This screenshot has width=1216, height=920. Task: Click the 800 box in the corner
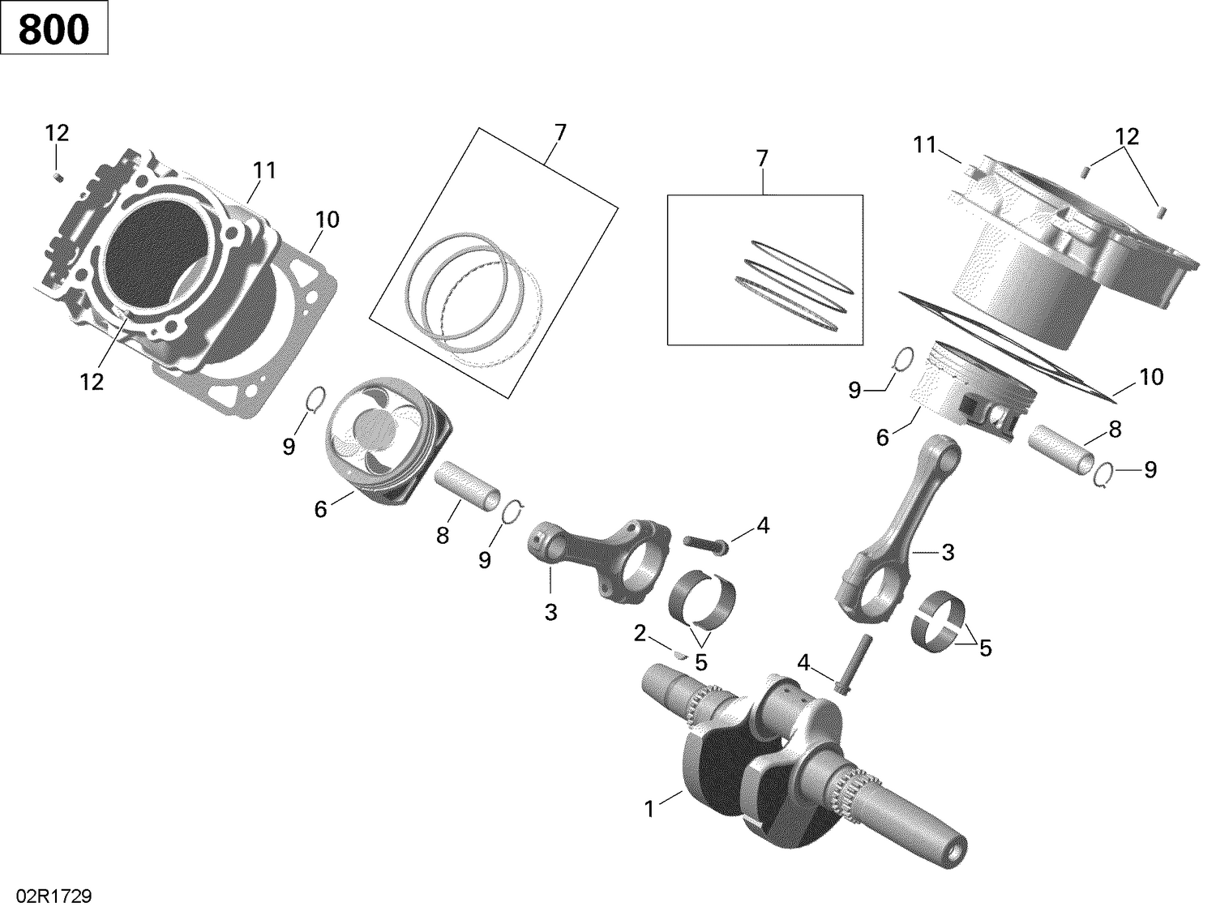(54, 29)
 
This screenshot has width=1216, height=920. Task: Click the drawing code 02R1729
(46, 897)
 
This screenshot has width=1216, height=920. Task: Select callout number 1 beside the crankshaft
(649, 808)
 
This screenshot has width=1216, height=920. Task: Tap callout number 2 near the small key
(640, 634)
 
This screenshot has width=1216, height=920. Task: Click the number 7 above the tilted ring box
(560, 131)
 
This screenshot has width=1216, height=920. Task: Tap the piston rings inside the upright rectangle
(790, 284)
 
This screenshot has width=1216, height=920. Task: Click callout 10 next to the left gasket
(327, 220)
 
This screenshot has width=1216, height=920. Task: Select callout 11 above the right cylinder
(925, 145)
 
